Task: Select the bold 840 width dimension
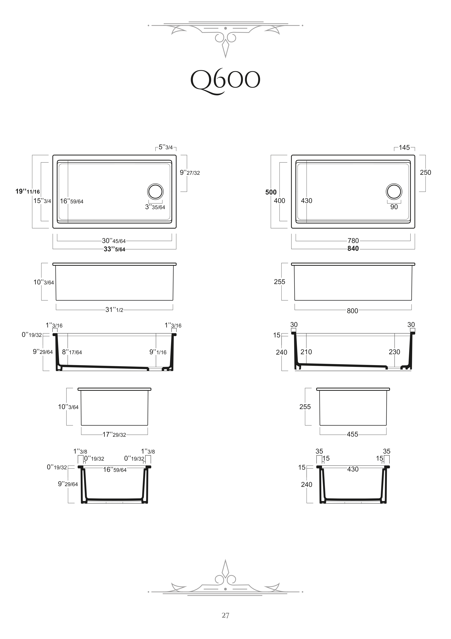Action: (x=353, y=249)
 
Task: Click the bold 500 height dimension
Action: (x=271, y=192)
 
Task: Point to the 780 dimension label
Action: (x=353, y=241)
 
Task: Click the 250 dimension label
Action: (x=425, y=173)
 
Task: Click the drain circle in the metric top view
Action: (x=394, y=191)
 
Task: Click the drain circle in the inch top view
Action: (x=155, y=191)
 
